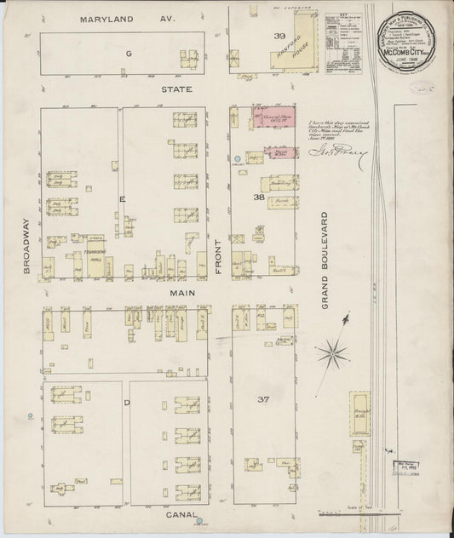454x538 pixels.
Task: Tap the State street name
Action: point(179,89)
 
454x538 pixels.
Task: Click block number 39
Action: point(255,37)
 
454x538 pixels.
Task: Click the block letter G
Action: point(129,54)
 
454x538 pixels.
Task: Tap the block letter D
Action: point(126,401)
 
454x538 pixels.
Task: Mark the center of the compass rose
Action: point(336,348)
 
